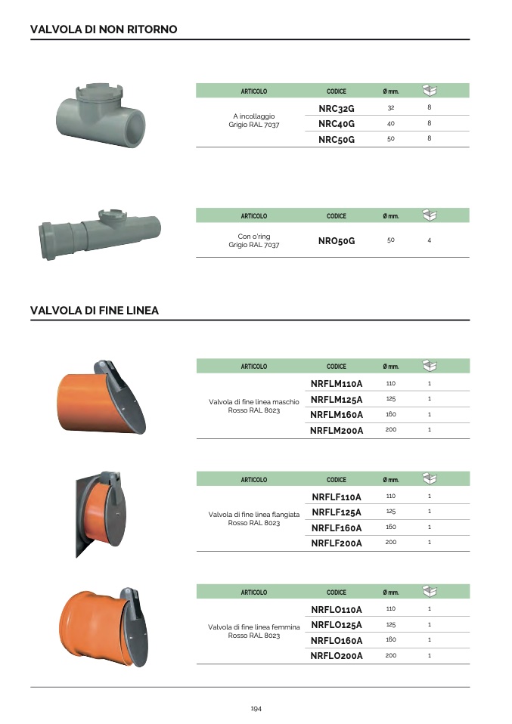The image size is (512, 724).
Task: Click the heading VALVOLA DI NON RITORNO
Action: [x=104, y=29]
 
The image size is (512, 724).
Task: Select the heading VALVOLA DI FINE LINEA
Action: [x=95, y=311]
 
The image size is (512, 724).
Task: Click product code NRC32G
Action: [x=337, y=109]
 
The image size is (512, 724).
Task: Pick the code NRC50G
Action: [x=337, y=140]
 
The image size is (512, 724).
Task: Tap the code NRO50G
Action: [x=337, y=241]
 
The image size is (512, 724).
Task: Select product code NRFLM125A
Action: [x=337, y=400]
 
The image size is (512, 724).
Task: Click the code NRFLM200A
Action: [x=337, y=431]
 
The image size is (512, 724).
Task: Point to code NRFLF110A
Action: [x=337, y=497]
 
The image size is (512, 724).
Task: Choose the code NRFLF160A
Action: [x=337, y=528]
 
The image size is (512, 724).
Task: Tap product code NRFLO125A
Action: [x=337, y=625]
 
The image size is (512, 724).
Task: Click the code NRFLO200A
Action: [x=337, y=656]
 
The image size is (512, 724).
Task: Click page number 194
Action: [x=256, y=708]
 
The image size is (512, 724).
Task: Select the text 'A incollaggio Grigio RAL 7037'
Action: [x=254, y=120]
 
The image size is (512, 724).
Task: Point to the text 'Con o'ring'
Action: [x=254, y=237]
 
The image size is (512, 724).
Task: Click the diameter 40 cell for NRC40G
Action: [x=391, y=123]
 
